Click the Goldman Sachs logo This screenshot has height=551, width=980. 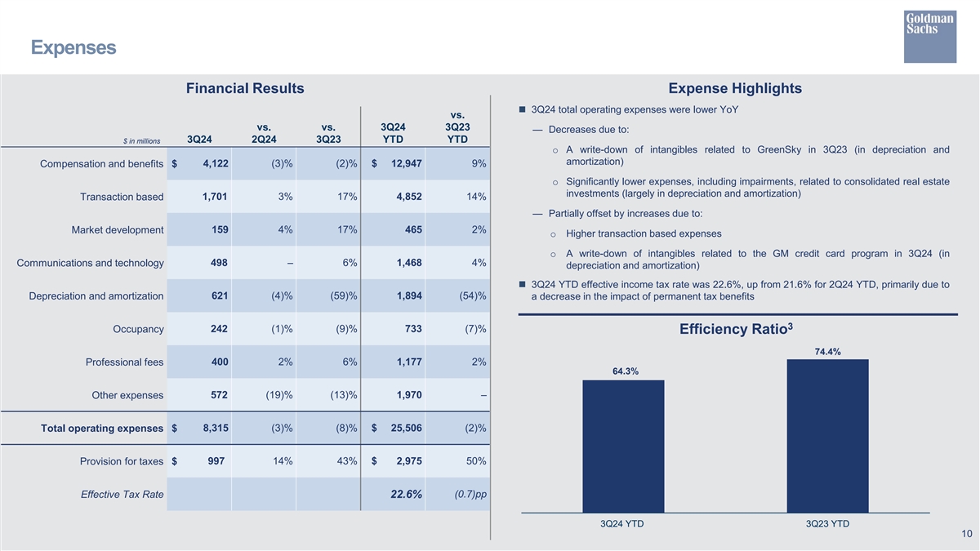coord(929,36)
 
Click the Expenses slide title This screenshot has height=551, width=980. coord(73,48)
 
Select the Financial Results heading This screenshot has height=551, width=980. coord(245,88)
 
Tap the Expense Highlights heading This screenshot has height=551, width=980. coord(734,88)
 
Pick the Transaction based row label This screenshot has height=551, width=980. coord(122,197)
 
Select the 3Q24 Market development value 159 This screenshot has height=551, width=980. coord(220,229)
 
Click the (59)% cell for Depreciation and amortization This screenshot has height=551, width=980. coord(341,295)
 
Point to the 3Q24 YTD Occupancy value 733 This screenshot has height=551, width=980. coord(412,328)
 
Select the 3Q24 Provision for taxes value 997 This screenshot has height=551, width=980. coord(216,461)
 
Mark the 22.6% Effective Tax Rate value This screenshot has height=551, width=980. coord(407,494)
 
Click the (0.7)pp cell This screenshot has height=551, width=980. coord(470,494)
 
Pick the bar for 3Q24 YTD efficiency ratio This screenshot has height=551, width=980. coord(623,446)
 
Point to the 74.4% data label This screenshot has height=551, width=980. coord(827,352)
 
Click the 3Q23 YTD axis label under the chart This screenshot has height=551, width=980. coord(827,524)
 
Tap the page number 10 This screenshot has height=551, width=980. coord(966,534)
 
